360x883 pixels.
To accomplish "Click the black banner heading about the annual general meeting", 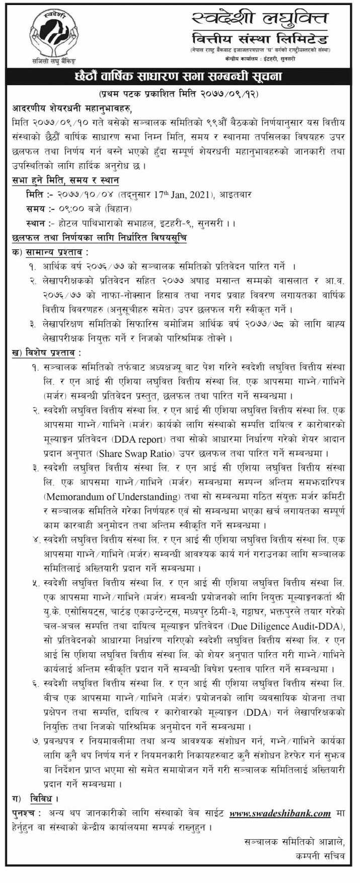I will click(x=180, y=77).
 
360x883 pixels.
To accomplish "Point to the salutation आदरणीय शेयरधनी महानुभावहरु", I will click(x=74, y=108).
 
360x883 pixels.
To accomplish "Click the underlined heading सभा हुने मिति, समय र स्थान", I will click(x=65, y=179).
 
